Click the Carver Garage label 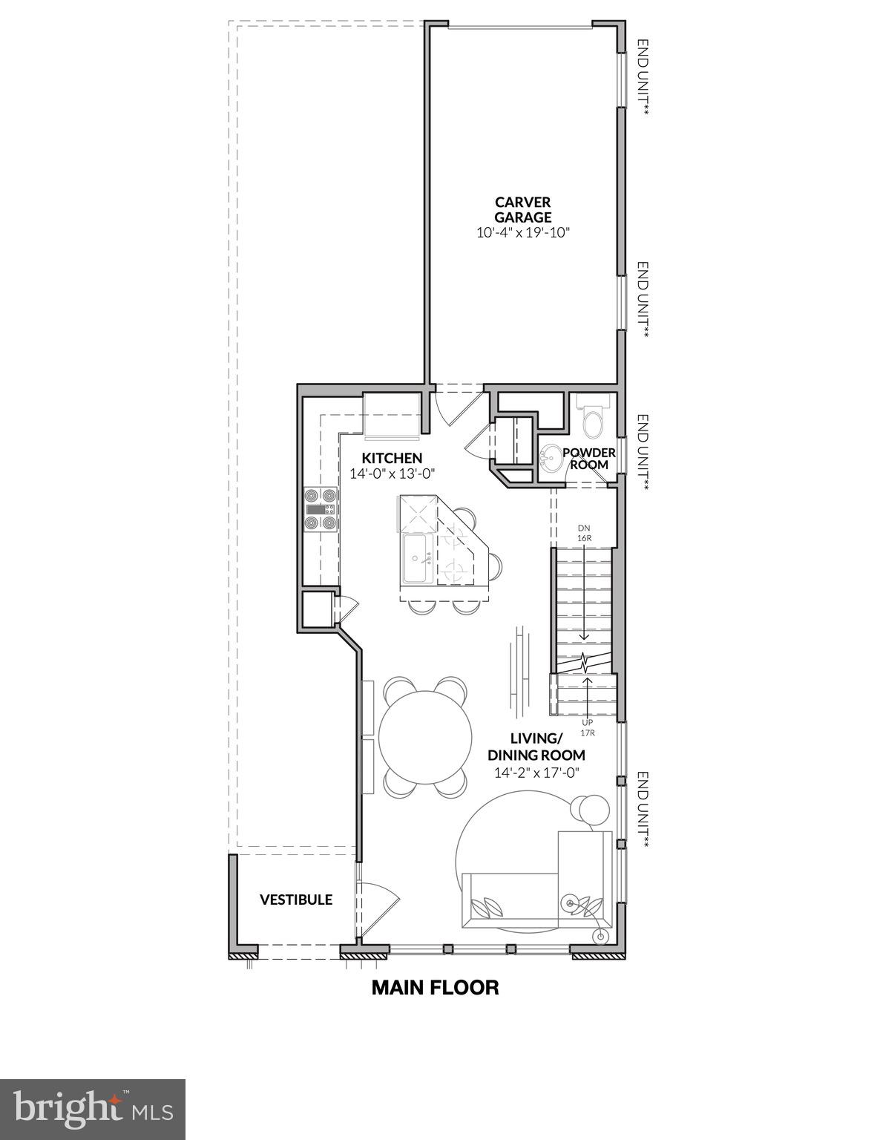[x=522, y=209]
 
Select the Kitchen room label [x=392, y=458]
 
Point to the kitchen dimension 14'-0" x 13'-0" [x=392, y=473]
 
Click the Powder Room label [x=589, y=458]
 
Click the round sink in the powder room [x=551, y=459]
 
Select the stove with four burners [x=320, y=509]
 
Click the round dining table [x=425, y=737]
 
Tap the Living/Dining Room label [x=536, y=747]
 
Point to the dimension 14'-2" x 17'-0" [x=536, y=773]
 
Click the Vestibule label [x=295, y=900]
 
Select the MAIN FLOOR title [x=435, y=987]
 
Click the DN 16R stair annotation [x=584, y=534]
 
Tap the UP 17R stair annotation [x=588, y=727]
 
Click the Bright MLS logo [x=93, y=1109]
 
